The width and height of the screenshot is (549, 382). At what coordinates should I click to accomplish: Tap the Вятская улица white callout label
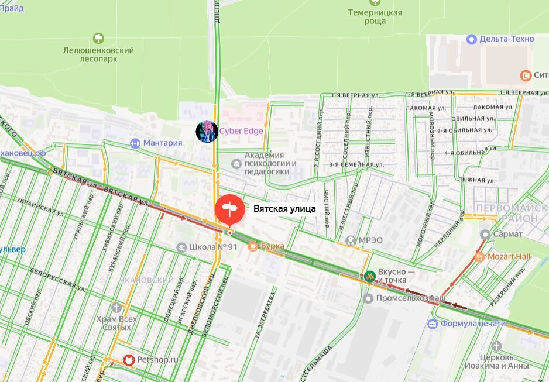point(284,208)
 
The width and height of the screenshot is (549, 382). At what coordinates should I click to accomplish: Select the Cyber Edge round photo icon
point(207,131)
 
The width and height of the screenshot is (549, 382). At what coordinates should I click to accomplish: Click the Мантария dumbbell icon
point(135,143)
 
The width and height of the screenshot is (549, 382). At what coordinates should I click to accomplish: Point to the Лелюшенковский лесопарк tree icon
point(98,39)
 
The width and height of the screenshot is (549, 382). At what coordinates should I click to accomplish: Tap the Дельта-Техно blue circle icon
point(472,39)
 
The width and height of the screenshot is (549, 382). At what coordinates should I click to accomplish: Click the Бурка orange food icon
point(253,246)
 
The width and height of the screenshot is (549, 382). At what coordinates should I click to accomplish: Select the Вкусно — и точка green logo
point(369,276)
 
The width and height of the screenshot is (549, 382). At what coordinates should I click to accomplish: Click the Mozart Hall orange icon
point(479,256)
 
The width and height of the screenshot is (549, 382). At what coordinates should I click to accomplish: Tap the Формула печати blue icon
point(433,324)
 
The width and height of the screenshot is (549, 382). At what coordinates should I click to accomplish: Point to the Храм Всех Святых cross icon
point(117,307)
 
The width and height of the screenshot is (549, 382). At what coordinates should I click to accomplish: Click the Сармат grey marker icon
point(485,234)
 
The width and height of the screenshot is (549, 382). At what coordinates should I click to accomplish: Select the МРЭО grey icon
point(350,240)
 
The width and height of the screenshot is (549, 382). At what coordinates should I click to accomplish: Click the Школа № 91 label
point(213,247)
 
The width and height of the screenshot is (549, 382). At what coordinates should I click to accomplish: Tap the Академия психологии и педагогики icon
point(236,163)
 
